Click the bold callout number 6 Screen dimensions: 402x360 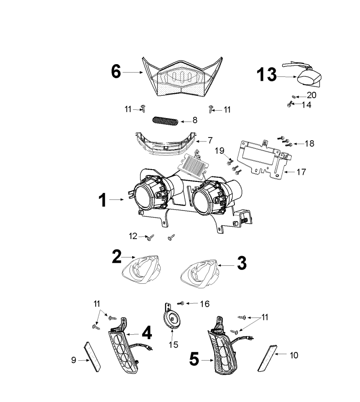coord(116,71)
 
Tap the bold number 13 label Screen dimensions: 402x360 coord(267,75)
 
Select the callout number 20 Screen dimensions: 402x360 coord(311,94)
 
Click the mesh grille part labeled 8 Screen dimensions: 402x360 coord(166,120)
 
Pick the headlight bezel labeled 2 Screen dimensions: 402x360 coord(141,268)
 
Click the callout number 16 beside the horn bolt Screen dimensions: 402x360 coord(205,304)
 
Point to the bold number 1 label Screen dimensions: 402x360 coord(102,201)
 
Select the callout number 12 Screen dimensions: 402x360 coord(133,236)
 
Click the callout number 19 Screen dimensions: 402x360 coord(220,152)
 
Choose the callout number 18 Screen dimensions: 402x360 coord(309,144)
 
